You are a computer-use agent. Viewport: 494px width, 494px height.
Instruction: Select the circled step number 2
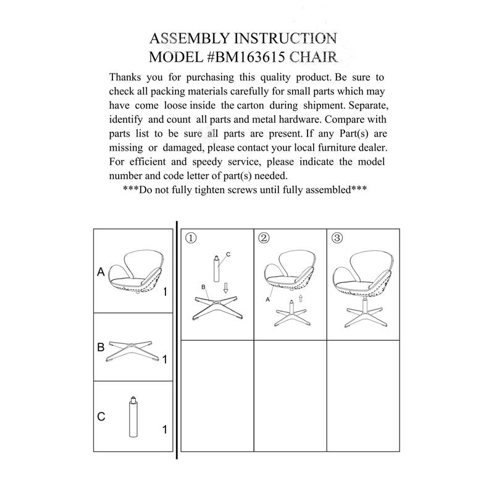264,238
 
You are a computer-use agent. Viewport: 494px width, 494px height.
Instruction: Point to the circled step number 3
337,238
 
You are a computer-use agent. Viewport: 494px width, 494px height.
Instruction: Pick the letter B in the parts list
100,347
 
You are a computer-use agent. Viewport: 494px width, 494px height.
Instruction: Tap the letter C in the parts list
101,416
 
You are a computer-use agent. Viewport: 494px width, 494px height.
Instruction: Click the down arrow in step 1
226,289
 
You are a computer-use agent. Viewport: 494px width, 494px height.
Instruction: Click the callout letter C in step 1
228,254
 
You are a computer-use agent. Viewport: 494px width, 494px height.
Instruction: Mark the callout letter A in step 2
268,298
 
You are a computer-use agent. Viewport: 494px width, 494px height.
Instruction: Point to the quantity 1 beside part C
164,429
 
